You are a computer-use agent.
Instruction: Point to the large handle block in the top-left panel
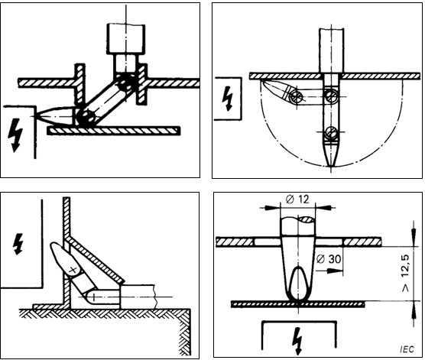[123, 36]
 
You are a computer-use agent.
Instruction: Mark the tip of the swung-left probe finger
[262, 81]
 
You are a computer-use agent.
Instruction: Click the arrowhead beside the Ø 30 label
[317, 268]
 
